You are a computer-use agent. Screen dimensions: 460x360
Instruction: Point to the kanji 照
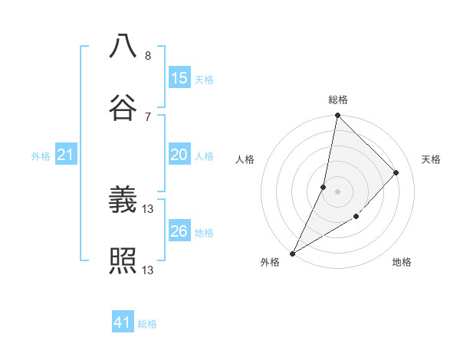coord(123,260)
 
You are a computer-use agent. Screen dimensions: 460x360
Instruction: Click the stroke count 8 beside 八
coord(147,56)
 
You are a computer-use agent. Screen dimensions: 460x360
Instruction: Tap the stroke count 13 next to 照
coord(149,270)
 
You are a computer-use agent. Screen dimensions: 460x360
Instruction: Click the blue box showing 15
coord(179,78)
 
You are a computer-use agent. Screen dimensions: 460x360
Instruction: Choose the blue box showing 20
coord(179,155)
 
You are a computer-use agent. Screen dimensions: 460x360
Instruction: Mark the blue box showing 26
coord(179,231)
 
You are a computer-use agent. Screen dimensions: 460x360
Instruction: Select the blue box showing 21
coord(66,155)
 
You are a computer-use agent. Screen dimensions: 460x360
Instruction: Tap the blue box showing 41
coord(123,322)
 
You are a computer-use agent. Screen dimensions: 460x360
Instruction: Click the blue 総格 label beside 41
coord(147,324)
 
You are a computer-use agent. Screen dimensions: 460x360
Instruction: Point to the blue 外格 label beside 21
coord(41,156)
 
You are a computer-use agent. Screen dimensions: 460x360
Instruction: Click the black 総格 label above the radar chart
coord(337,100)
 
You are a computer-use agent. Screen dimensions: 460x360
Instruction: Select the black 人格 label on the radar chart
coord(245,159)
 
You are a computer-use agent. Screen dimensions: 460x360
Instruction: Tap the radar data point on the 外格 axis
coord(292,253)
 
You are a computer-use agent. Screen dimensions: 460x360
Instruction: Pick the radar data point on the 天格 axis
coord(396,172)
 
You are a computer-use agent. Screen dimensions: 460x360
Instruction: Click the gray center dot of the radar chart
coord(337,191)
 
